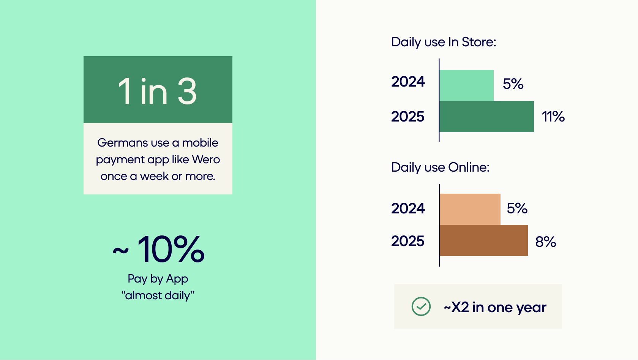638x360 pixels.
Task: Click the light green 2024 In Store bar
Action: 466,85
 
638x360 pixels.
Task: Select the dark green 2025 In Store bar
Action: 487,117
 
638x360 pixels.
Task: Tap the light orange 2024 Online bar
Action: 470,209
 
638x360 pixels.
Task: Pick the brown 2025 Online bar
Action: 484,240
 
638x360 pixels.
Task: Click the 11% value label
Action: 553,117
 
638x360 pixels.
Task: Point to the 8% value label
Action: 546,242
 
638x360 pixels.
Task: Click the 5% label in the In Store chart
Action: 513,84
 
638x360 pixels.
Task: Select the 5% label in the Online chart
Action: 517,208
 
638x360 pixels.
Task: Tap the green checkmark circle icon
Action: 421,306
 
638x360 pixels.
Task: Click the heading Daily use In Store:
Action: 444,42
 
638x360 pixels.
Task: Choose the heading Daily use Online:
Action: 441,167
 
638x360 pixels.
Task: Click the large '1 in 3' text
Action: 158,92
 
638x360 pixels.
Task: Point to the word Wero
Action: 206,159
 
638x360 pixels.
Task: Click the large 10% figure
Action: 171,249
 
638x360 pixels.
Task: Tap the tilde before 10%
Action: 121,251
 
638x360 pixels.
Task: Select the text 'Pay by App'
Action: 158,279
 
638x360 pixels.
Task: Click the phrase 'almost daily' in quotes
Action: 158,295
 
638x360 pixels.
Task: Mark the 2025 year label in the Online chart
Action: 408,241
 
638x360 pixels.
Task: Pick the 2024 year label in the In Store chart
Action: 408,82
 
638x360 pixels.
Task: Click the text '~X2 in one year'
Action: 495,307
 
